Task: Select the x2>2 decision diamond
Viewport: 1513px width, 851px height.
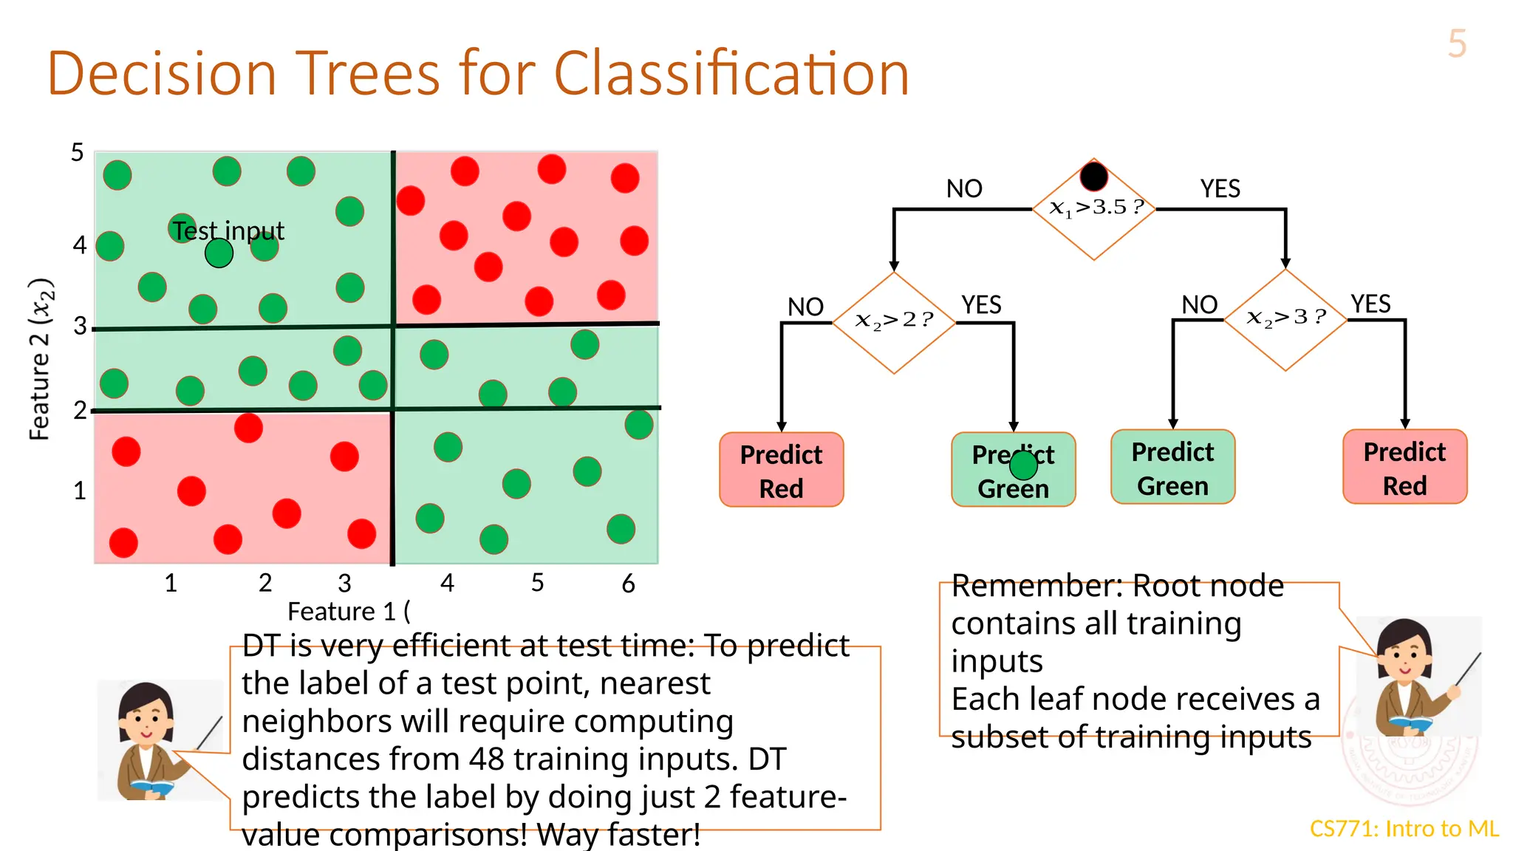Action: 894,322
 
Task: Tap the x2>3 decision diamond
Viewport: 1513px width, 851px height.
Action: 1285,319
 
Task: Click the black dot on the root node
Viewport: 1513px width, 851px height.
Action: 1093,177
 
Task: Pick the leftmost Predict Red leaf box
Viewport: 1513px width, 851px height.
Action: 781,470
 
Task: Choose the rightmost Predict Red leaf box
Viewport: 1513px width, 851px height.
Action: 1404,467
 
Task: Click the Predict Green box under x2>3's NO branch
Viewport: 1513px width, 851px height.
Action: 1172,467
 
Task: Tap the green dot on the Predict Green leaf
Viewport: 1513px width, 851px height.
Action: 1023,465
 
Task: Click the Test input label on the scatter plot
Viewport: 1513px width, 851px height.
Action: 229,231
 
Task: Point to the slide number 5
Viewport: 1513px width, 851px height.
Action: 1457,44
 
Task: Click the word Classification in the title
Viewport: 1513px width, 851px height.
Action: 731,74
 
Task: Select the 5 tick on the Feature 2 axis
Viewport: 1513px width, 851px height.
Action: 78,153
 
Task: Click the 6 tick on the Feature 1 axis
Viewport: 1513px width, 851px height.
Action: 628,584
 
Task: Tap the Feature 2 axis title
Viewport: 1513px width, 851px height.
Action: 41,359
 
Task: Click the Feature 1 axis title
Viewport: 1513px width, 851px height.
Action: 348,612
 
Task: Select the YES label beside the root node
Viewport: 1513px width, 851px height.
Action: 1220,189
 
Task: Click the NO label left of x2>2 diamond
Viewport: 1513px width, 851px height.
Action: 805,307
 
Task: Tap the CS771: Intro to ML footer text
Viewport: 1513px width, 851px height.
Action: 1404,829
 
